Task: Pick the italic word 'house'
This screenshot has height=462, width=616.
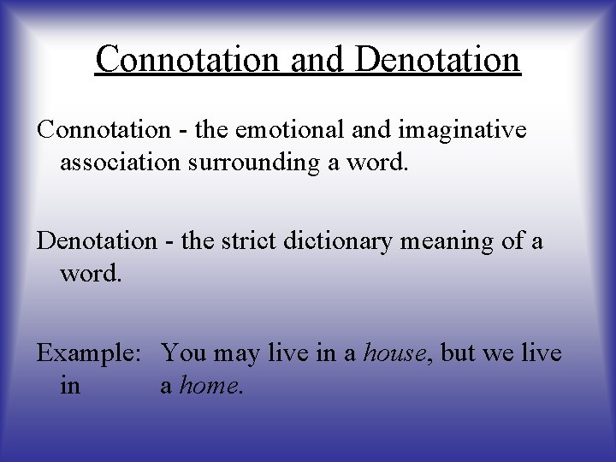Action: click(391, 352)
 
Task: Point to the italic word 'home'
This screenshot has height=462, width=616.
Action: click(210, 386)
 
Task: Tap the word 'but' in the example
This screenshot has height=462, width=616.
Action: click(458, 352)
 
